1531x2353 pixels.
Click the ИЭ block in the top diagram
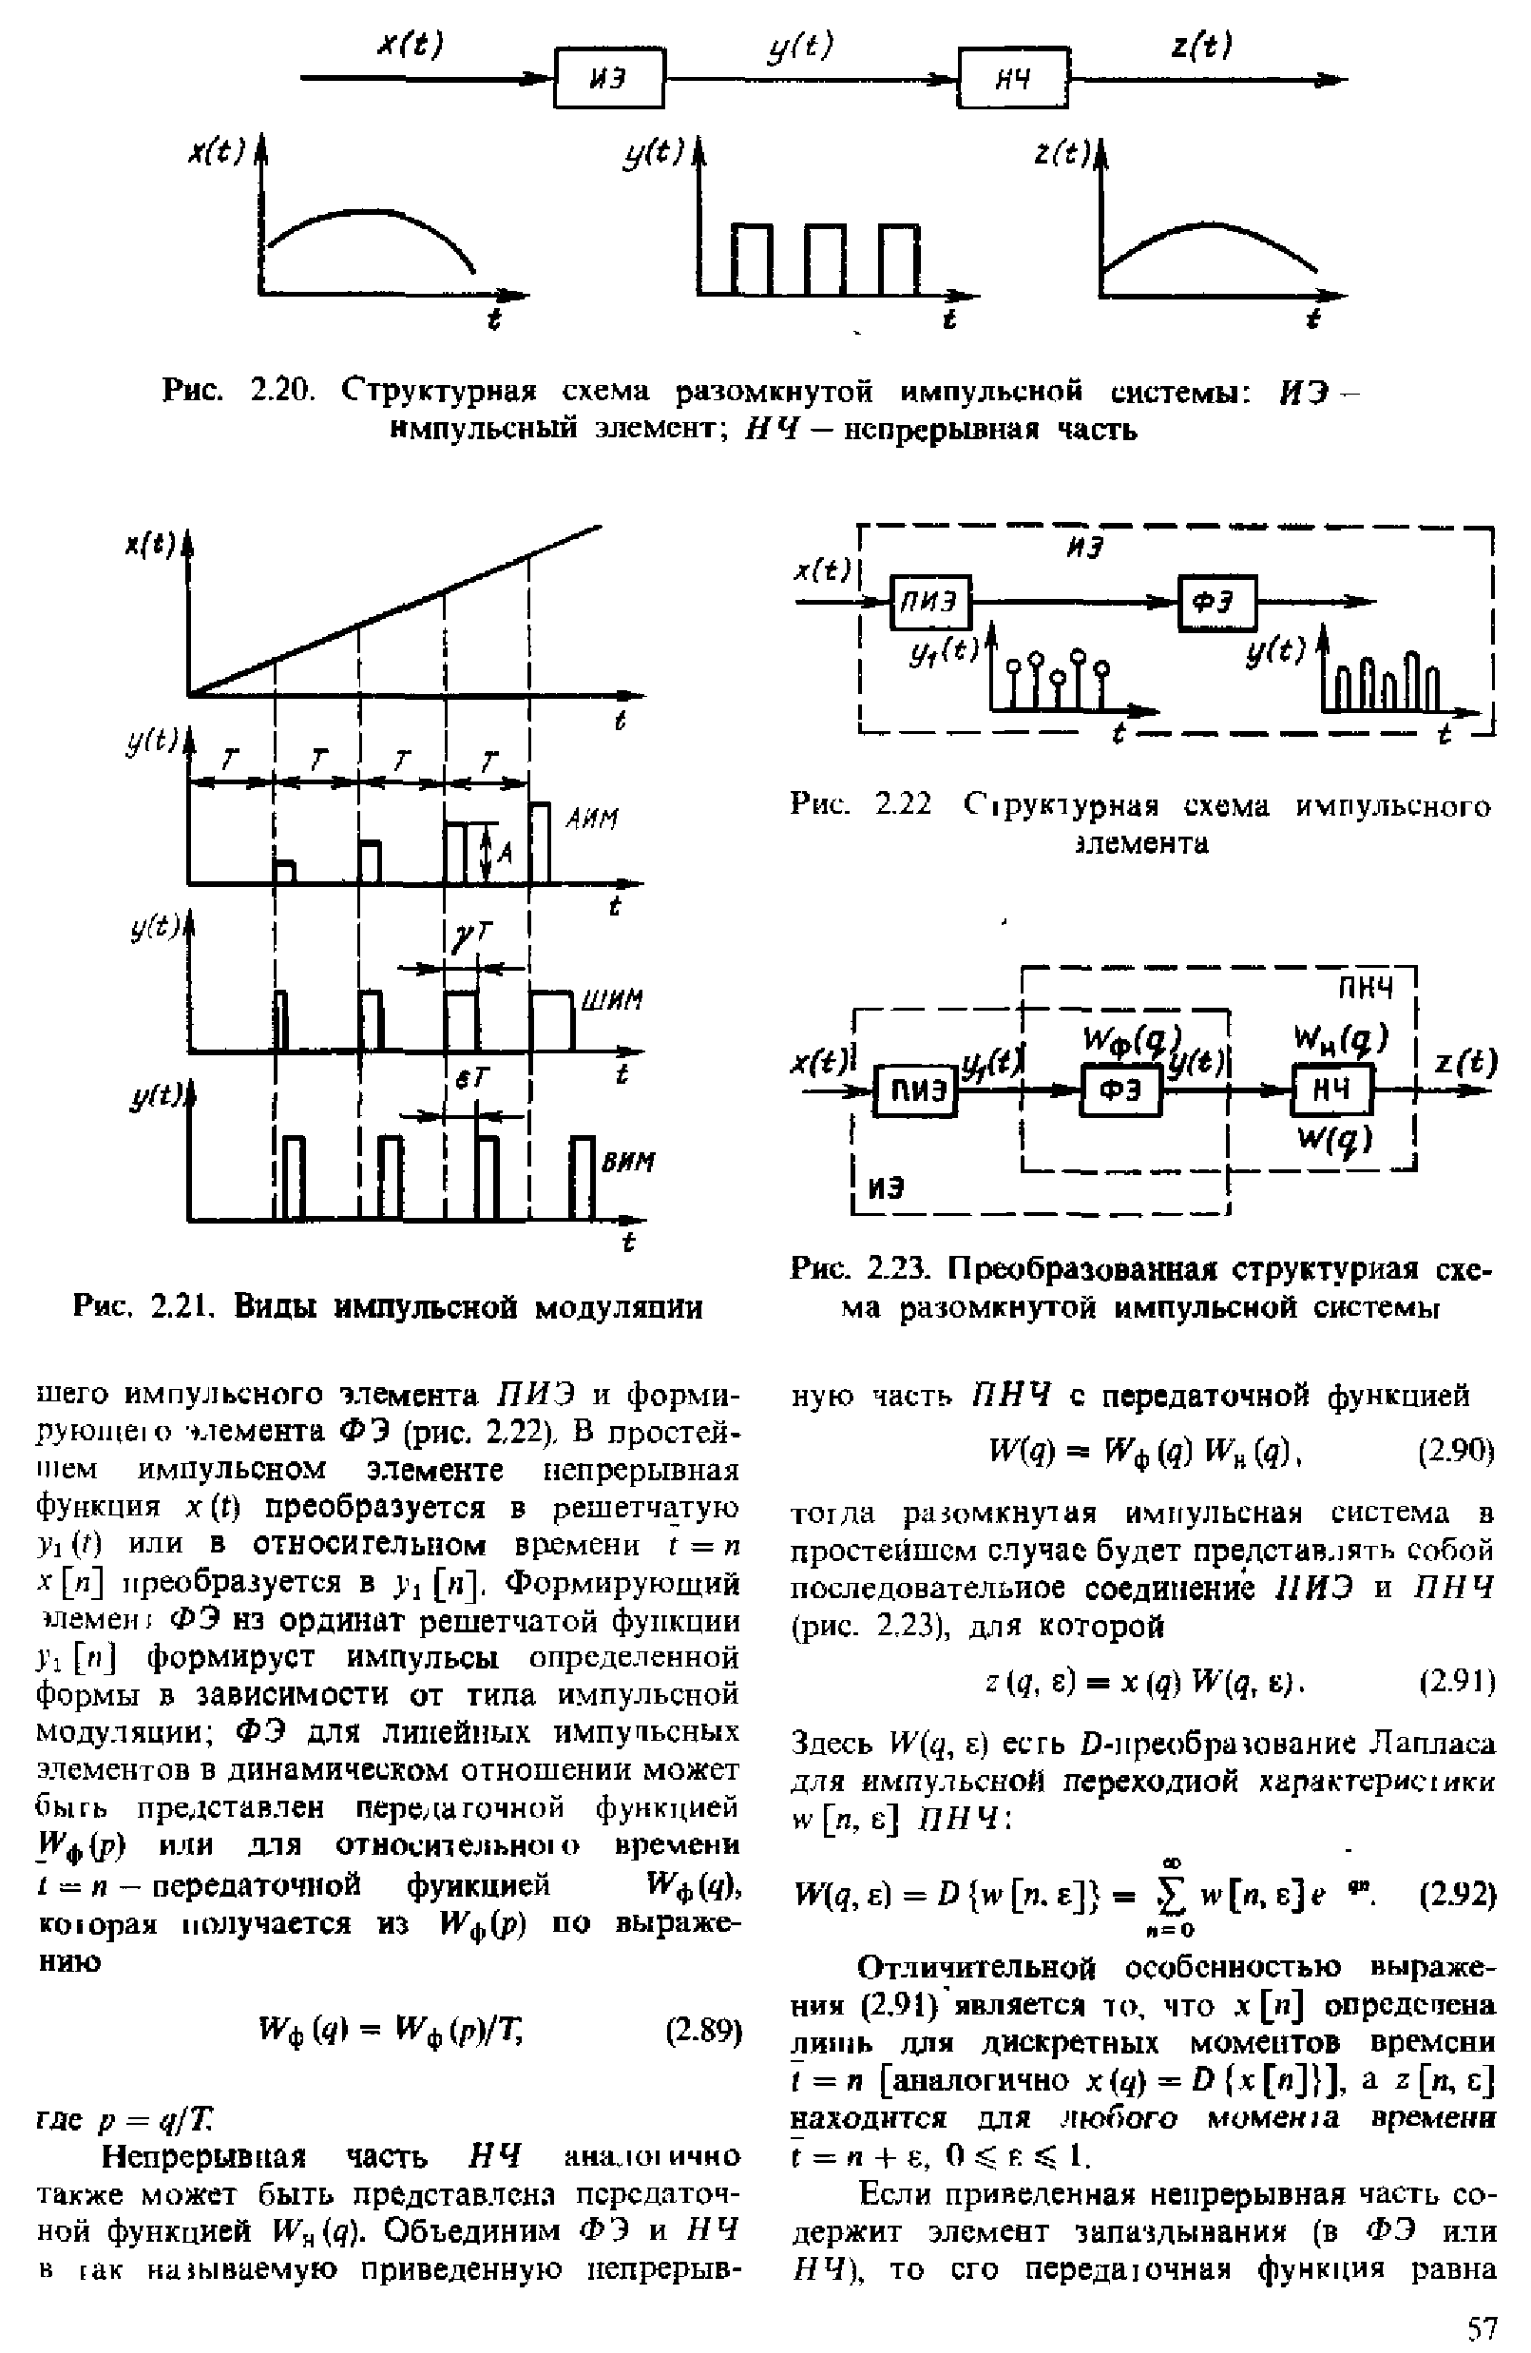click(609, 78)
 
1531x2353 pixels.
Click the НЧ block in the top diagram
click(1014, 77)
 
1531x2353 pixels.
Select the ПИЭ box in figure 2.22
click(931, 601)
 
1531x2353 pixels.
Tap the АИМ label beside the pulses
click(592, 819)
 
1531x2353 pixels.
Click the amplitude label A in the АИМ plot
click(504, 852)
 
